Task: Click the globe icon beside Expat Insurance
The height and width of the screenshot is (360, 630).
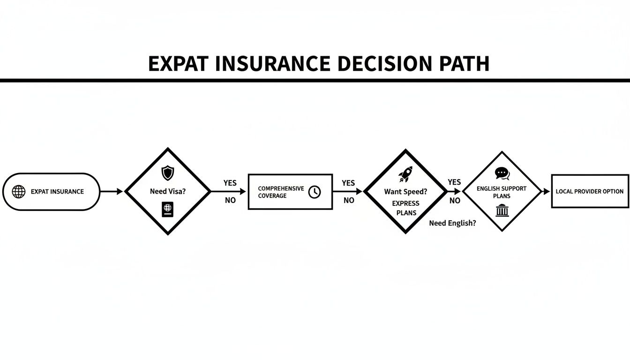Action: [x=18, y=192]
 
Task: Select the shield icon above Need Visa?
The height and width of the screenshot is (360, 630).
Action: [x=167, y=173]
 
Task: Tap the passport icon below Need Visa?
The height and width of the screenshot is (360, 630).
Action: [x=167, y=209]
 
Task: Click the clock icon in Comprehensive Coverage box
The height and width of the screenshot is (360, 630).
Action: [x=315, y=192]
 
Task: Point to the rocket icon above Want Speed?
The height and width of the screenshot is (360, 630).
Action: [x=405, y=174]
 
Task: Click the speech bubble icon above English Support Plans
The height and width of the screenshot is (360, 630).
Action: [x=502, y=174]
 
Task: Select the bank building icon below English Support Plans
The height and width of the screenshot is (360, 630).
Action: [x=502, y=210]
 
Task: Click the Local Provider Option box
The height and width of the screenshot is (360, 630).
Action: [x=589, y=191]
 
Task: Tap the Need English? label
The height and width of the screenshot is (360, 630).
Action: [x=452, y=224]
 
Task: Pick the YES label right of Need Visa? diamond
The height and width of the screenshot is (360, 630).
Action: [x=230, y=183]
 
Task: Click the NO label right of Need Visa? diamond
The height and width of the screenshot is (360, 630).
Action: [x=230, y=201]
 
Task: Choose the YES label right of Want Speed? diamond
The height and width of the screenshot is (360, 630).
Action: [x=454, y=182]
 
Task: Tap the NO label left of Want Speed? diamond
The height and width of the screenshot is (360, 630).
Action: [x=349, y=201]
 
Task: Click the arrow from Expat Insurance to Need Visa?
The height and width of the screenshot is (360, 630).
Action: [x=112, y=191]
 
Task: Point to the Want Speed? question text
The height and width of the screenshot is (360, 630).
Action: [x=405, y=192]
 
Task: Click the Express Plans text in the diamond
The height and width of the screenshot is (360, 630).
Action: [x=405, y=208]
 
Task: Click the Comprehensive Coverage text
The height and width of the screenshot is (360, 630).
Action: [x=281, y=192]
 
